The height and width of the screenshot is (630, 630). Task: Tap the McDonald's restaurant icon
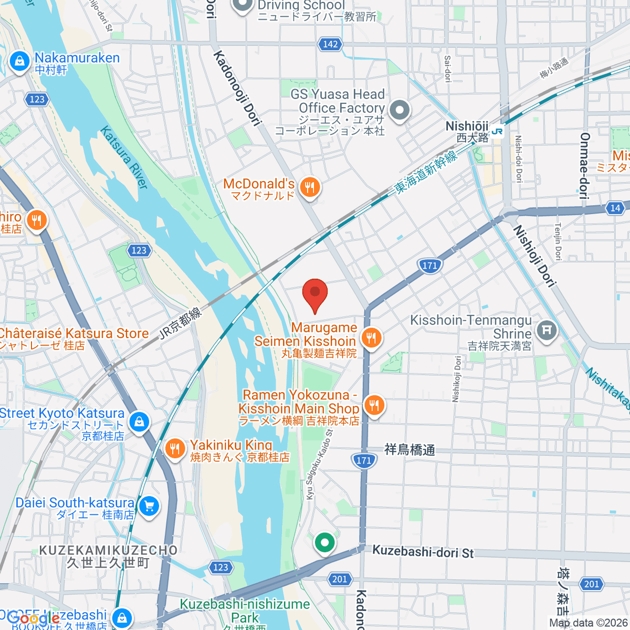coord(310,186)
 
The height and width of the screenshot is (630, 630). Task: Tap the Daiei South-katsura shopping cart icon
coord(150,507)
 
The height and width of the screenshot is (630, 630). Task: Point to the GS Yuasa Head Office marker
coord(401,111)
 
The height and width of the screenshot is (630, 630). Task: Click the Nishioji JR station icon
coord(498,132)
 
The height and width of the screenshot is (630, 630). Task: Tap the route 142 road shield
coord(330,44)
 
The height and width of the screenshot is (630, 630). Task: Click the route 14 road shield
coord(615,208)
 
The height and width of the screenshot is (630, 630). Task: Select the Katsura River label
coord(124,157)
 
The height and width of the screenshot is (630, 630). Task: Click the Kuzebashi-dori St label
coord(423,552)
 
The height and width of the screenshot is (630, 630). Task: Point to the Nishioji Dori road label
coord(534,256)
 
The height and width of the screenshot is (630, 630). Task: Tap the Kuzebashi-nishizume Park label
coord(245,611)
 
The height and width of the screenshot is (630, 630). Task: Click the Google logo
coord(31,618)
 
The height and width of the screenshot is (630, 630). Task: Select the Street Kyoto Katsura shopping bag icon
coord(139,422)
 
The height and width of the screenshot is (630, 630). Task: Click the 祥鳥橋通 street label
coord(409,450)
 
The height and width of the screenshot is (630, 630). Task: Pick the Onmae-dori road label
coord(584,166)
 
